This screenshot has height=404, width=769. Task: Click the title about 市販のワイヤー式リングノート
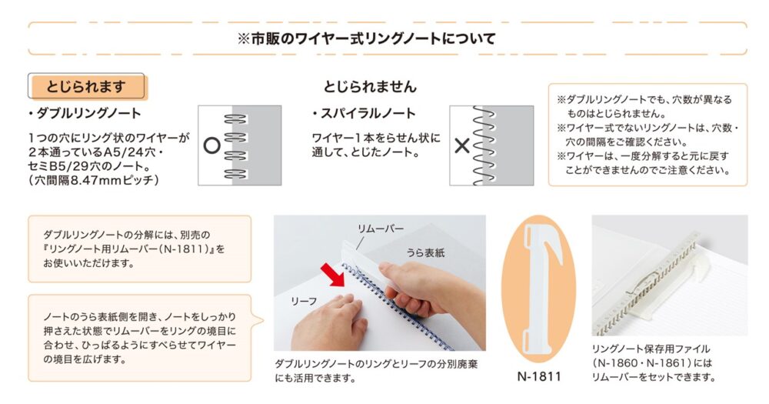366,38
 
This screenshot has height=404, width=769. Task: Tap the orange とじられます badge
87,87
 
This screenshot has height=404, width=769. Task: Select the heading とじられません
370,87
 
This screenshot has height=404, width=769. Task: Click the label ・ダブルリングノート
85,113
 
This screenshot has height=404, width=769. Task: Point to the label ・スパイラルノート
364,113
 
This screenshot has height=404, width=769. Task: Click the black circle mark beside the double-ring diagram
212,145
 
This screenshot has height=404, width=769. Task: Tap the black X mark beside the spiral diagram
462,145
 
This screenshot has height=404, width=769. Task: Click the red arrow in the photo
333,275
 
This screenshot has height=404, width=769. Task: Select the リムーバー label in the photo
381,229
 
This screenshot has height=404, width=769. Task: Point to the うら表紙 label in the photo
425,253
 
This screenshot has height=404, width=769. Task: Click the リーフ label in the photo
304,301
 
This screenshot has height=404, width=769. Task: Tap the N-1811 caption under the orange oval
539,376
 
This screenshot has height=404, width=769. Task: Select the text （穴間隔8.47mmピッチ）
94,180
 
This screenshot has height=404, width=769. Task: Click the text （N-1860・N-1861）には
652,363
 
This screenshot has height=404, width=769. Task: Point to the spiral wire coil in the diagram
484,145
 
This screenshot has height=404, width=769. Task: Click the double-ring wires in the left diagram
236,145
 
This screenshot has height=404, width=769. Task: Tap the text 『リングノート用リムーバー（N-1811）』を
134,249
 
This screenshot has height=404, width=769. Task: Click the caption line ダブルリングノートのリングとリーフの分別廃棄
376,364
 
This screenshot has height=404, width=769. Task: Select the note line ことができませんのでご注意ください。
647,170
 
